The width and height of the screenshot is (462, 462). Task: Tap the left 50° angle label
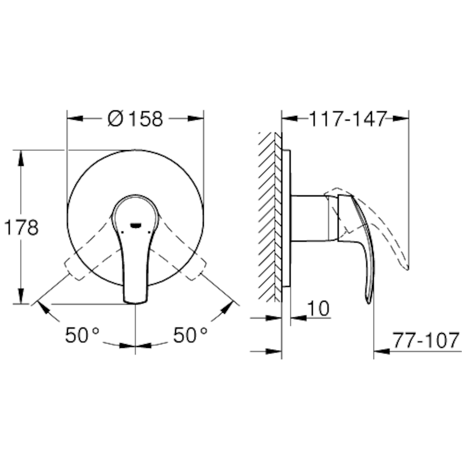[82, 335]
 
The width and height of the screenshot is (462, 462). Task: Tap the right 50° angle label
[190, 335]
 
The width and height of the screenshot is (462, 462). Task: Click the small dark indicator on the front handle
[136, 225]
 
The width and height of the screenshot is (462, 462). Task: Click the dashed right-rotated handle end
[196, 270]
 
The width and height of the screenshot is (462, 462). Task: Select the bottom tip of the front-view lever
[135, 300]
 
